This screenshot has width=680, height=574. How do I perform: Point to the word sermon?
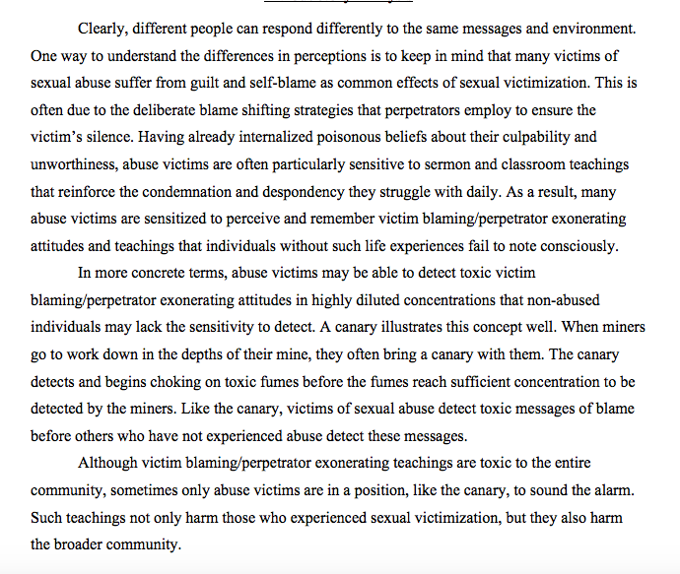pos(438,164)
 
